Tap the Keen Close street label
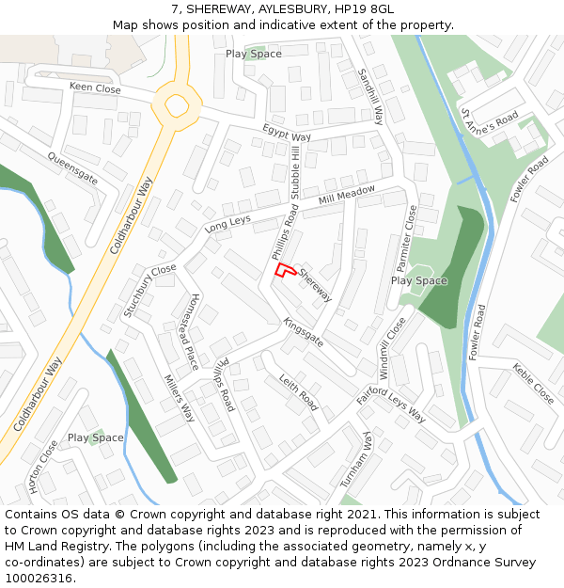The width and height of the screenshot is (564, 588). [x=95, y=88]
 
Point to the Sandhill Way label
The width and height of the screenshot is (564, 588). [x=372, y=97]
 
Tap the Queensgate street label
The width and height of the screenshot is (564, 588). [x=72, y=167]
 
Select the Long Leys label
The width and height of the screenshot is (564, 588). [x=227, y=224]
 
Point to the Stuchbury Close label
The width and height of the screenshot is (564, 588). [x=149, y=291]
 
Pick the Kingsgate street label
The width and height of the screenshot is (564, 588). [x=304, y=332]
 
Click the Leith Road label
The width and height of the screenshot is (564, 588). [x=299, y=392]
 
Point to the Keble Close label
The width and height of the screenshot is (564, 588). [x=534, y=384]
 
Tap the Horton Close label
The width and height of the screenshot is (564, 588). [x=43, y=467]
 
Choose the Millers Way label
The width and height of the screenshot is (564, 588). [x=179, y=399]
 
